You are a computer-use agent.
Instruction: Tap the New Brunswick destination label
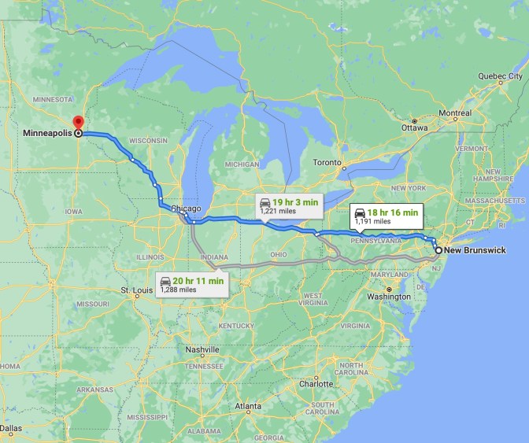point(475,251)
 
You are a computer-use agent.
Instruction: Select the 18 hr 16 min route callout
point(386,215)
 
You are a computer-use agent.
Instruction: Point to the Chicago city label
point(187,209)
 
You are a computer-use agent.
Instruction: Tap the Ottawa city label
point(414,127)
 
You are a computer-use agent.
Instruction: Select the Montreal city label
point(455,113)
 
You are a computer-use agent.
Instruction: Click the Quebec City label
point(500,76)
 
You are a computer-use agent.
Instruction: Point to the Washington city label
point(389,297)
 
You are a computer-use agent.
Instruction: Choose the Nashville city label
point(202,349)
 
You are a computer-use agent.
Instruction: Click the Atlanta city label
point(248,406)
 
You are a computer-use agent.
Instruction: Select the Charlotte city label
point(316,384)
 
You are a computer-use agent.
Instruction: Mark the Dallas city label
point(12,429)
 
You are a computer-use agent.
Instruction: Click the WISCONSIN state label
point(148,140)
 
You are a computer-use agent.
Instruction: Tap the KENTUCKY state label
point(237,325)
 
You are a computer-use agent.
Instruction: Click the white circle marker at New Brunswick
point(438,251)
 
